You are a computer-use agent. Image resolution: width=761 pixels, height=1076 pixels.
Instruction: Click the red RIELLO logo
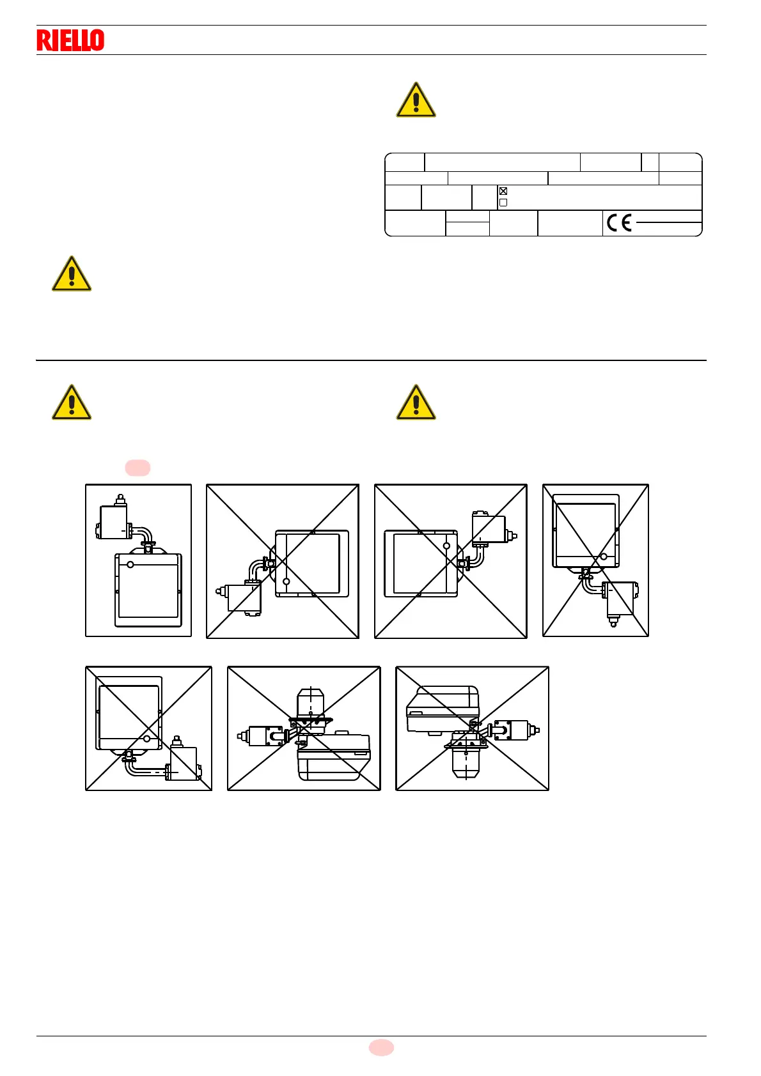pyautogui.click(x=70, y=40)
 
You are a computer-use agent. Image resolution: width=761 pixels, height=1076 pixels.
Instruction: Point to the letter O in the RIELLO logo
pyautogui.click(x=97, y=40)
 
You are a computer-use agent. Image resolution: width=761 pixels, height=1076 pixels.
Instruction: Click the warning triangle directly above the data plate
pyautogui.click(x=416, y=101)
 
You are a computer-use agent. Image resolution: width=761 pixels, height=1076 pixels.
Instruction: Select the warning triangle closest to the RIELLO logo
pyautogui.click(x=72, y=275)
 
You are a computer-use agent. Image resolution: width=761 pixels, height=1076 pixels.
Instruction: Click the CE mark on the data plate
pyautogui.click(x=619, y=222)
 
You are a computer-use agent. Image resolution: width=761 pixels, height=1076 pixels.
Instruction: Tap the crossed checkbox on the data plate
pyautogui.click(x=503, y=191)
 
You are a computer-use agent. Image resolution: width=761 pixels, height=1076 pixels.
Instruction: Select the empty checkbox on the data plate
pyautogui.click(x=503, y=203)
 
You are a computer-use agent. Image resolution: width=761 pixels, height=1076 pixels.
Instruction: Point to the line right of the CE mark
pyautogui.click(x=668, y=222)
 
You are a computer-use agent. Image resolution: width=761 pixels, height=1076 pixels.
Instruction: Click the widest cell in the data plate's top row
pyautogui.click(x=502, y=162)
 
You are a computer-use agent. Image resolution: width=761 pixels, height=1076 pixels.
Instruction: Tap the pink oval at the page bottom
pyautogui.click(x=381, y=1047)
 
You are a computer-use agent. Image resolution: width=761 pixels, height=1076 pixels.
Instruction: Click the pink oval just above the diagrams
pyautogui.click(x=137, y=468)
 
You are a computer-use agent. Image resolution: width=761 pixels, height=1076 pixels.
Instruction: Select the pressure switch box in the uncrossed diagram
pyautogui.click(x=114, y=522)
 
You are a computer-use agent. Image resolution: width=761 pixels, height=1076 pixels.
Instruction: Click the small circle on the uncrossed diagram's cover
pyautogui.click(x=130, y=564)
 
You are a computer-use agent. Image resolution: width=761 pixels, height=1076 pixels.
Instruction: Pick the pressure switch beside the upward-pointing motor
pyautogui.click(x=263, y=736)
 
